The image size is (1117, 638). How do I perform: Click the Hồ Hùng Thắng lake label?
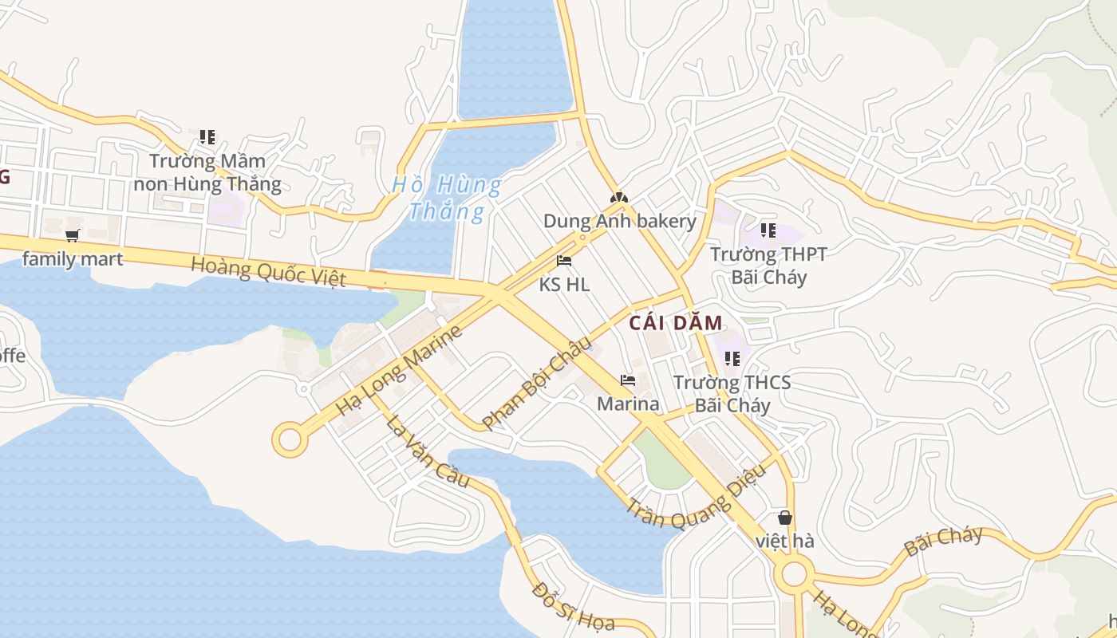click(x=447, y=199)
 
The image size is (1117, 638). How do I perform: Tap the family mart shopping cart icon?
click(x=73, y=235)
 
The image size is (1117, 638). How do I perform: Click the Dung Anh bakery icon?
click(x=619, y=198)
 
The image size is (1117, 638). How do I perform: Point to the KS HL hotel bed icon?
click(x=564, y=261)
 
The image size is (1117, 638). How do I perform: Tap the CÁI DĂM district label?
click(x=675, y=323)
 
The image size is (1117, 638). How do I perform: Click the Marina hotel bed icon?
click(x=628, y=380)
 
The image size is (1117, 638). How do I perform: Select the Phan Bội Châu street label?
click(x=537, y=384)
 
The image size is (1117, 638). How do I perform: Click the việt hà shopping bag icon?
click(x=785, y=518)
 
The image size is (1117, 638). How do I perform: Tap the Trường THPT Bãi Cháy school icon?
click(x=768, y=231)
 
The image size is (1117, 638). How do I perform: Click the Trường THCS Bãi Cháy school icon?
click(x=732, y=359)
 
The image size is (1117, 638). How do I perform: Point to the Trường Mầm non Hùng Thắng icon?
click(x=207, y=137)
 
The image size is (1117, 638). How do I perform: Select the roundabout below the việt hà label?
click(x=794, y=573)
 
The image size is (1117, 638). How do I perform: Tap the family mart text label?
click(x=73, y=258)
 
